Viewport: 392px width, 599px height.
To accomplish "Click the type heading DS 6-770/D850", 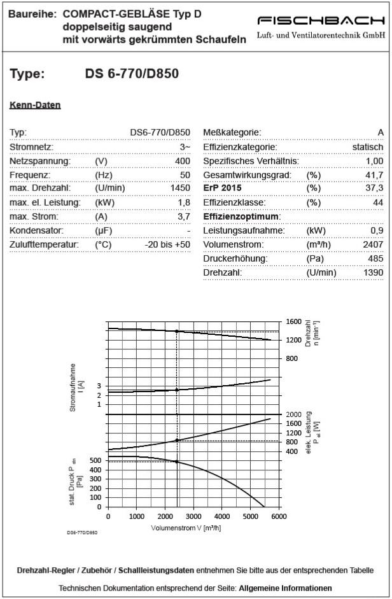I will coord(132,74).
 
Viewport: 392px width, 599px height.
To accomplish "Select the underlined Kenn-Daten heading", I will coord(35,105).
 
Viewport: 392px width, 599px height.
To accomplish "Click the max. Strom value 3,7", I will coord(184,217).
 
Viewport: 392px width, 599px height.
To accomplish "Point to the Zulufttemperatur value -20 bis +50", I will coord(167,245).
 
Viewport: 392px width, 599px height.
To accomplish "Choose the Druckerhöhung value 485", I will coord(375,259).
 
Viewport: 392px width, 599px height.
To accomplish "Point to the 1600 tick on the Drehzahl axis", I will coord(293,322).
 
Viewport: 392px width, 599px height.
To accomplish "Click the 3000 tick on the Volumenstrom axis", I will coord(193,516).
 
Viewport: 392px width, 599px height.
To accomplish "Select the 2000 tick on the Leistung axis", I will coord(293,414).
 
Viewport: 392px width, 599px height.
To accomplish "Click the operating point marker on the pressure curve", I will coord(176,462).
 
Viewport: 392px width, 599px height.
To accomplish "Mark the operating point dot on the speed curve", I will coord(176,332).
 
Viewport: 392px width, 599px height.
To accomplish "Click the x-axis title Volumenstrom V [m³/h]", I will coord(185,528).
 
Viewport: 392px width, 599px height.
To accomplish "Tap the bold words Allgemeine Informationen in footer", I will coord(285,588).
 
